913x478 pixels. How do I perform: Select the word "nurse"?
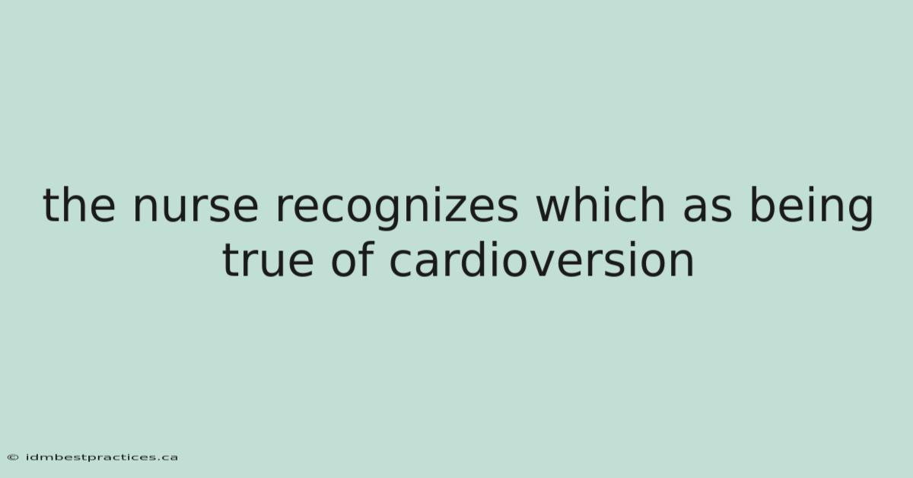[196, 209]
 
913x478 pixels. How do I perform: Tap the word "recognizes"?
[397, 209]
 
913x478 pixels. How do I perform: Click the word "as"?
[708, 209]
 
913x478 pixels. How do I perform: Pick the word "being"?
[812, 208]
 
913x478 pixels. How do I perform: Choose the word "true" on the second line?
[268, 260]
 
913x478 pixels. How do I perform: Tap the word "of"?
[352, 259]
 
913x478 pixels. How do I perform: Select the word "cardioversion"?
[542, 259]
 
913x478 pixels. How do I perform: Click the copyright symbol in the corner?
[13, 457]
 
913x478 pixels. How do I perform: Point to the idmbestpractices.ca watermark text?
[102, 457]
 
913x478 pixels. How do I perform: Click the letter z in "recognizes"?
[456, 209]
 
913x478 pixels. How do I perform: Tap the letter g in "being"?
[860, 213]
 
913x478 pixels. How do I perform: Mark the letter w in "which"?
[555, 209]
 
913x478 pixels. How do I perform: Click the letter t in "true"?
[231, 260]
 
